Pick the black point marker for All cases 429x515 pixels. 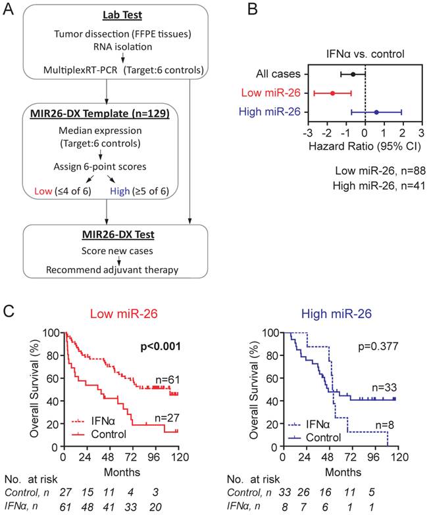(x=353, y=75)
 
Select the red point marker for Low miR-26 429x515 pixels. (x=332, y=93)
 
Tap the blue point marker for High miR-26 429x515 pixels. (x=376, y=112)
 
